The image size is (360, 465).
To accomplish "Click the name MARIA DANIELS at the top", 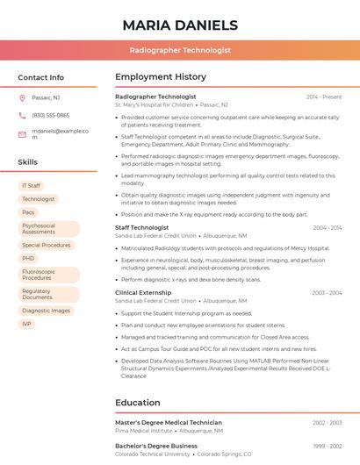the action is tap(180, 25).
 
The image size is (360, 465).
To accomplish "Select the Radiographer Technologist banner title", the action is tap(180, 51).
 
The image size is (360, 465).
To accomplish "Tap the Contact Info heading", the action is tap(40, 77).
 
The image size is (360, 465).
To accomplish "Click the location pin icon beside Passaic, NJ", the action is tap(22, 97).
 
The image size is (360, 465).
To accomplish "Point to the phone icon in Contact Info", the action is tap(22, 116).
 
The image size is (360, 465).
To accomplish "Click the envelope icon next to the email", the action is tap(22, 134).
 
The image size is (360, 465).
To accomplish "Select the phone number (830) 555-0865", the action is tap(50, 116).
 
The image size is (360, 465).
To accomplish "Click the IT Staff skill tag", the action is tap(31, 186).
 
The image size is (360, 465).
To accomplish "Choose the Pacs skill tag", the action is tap(28, 212).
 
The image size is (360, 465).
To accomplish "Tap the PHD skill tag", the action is tap(28, 259).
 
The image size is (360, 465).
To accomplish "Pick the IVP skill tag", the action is tap(26, 324).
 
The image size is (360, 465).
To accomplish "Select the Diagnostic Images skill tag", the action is tap(46, 311).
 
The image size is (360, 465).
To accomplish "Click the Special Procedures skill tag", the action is tap(47, 246).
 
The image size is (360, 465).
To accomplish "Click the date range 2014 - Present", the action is tap(323, 97).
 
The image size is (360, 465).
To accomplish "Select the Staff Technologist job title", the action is tap(141, 227).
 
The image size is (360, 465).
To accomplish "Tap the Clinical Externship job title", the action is tap(143, 292).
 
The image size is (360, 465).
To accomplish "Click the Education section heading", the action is tap(137, 403).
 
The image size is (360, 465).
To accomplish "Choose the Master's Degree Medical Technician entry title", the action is tap(168, 423).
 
